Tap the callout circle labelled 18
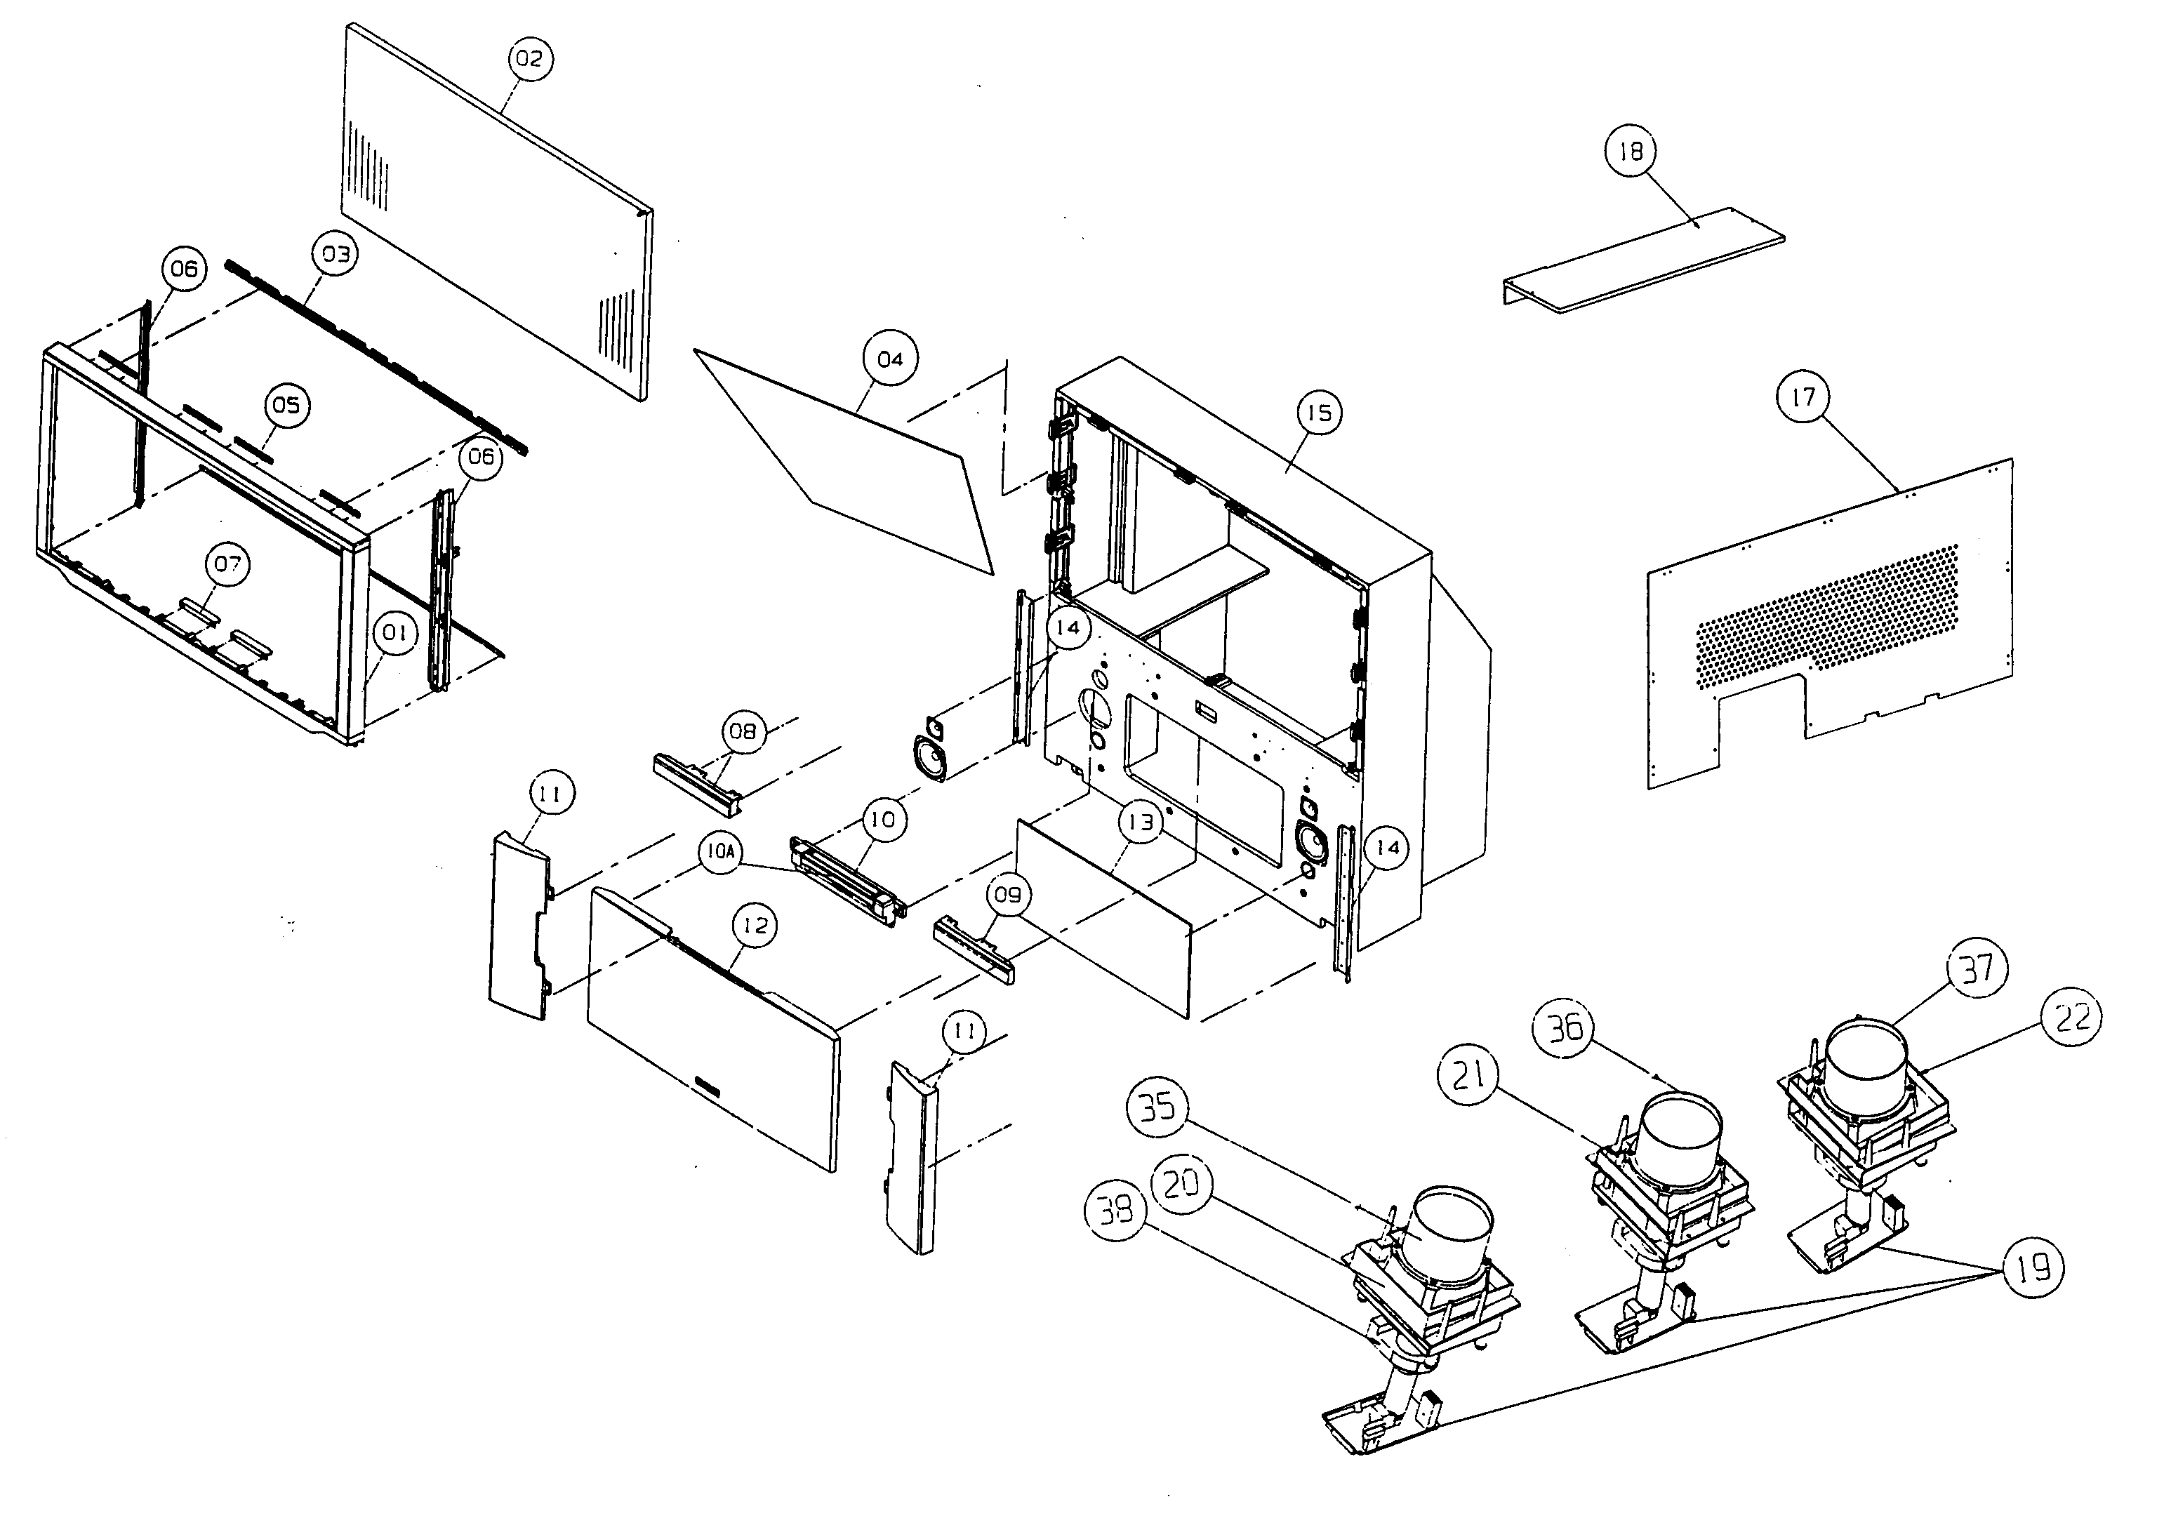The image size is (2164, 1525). (1630, 151)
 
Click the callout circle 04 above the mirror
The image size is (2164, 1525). (890, 359)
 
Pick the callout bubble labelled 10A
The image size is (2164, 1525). (720, 852)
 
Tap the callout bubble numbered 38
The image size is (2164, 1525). (1116, 1209)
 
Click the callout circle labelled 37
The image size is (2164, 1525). (1977, 968)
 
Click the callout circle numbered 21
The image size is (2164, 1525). (1468, 1074)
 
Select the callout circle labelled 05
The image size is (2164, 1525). (286, 404)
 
